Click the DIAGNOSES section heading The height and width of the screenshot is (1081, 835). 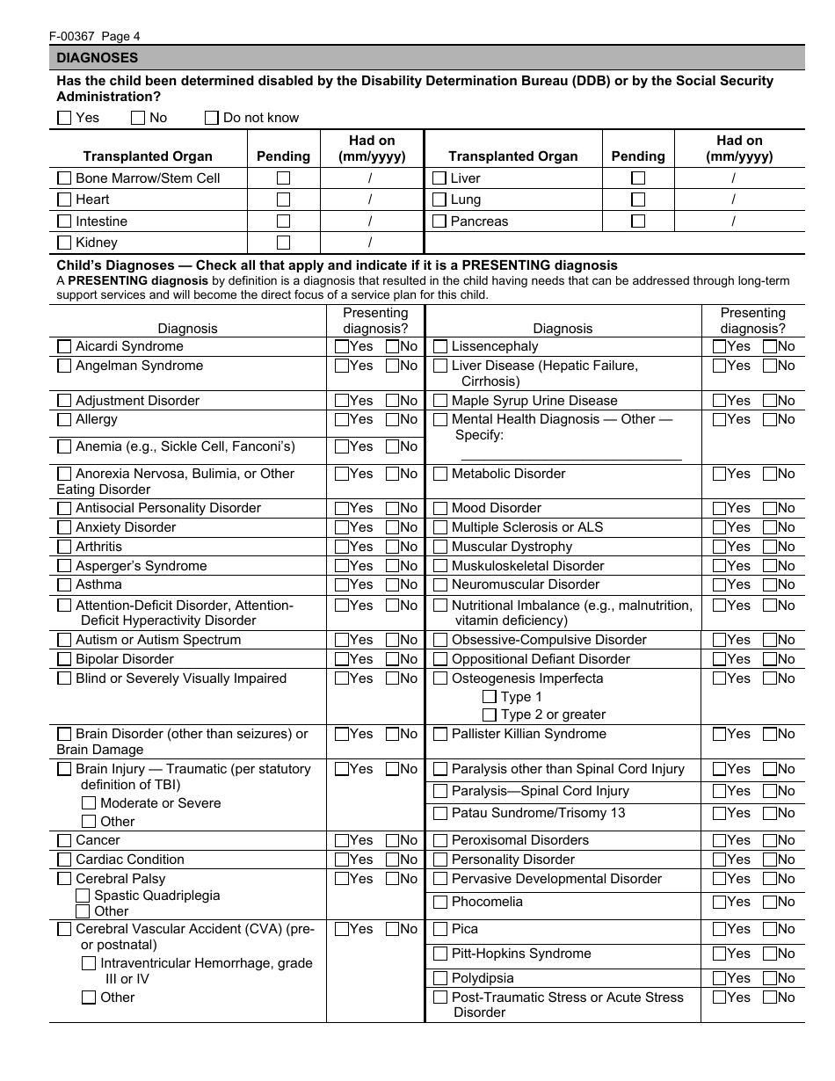pyautogui.click(x=98, y=58)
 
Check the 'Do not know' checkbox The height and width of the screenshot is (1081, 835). pyautogui.click(x=212, y=118)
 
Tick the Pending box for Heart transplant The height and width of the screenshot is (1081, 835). pyautogui.click(x=283, y=200)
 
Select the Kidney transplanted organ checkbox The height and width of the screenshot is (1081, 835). pyautogui.click(x=64, y=243)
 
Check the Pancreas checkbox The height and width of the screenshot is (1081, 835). pyautogui.click(x=439, y=221)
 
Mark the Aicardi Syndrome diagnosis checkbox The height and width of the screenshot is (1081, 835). pyautogui.click(x=64, y=346)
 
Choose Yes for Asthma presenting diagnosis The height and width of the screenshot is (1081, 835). pyautogui.click(x=342, y=585)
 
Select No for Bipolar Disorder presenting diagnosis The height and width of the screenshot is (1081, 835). pyautogui.click(x=393, y=659)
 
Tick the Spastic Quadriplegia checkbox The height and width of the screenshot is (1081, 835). pyautogui.click(x=83, y=896)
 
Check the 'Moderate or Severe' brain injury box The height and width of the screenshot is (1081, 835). pyautogui.click(x=89, y=803)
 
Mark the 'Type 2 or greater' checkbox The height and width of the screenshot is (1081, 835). pyautogui.click(x=490, y=715)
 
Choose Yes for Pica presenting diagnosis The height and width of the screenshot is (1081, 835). pyautogui.click(x=719, y=929)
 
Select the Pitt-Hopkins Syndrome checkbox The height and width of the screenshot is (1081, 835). pyautogui.click(x=440, y=954)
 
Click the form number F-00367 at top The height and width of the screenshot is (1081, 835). pyautogui.click(x=74, y=36)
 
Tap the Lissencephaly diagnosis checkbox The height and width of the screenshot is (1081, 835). pyautogui.click(x=440, y=346)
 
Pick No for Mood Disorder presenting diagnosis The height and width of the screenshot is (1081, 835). pyautogui.click(x=770, y=508)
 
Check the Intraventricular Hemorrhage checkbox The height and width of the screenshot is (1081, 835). pyautogui.click(x=89, y=963)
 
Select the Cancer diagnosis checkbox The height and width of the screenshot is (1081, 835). pyautogui.click(x=64, y=840)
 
